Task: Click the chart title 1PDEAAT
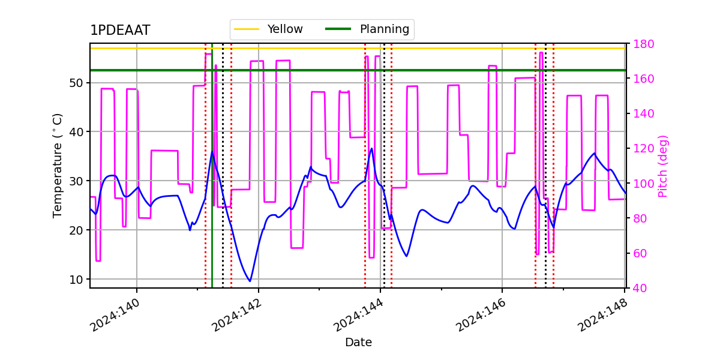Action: tap(120, 31)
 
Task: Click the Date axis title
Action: tap(358, 343)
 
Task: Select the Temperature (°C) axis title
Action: tap(58, 165)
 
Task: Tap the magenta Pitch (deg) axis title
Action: tap(663, 166)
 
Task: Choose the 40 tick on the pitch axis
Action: tap(637, 288)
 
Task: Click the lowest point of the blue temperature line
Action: tap(250, 281)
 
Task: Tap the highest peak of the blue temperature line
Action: tap(371, 149)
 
